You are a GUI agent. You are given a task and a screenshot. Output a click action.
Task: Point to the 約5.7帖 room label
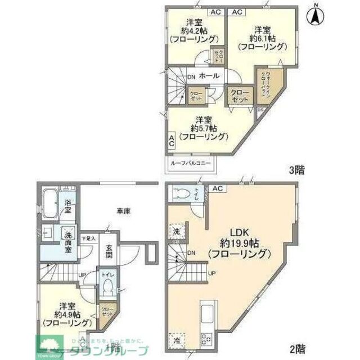(204, 127)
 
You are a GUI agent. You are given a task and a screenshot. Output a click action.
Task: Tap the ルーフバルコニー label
(191, 164)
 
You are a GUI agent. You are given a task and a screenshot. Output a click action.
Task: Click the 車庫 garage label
(124, 211)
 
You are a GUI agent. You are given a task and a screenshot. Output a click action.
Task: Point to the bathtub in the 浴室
(49, 200)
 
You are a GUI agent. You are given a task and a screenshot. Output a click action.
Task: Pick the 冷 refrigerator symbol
(177, 341)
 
